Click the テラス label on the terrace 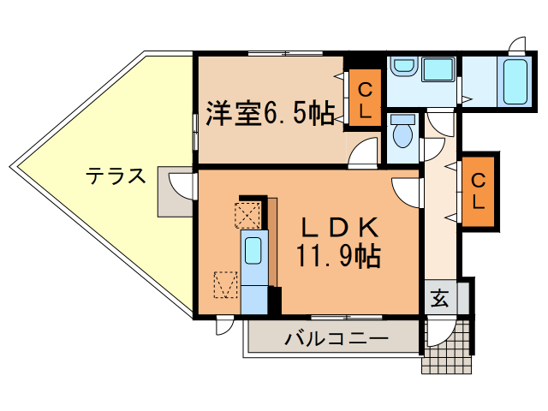pyautogui.click(x=115, y=176)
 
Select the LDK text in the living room pyautogui.click(x=338, y=228)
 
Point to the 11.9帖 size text pyautogui.click(x=338, y=254)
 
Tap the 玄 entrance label pyautogui.click(x=439, y=299)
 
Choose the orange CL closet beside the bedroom pyautogui.click(x=364, y=99)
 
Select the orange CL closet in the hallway pyautogui.click(x=479, y=192)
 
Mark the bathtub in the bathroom pyautogui.click(x=514, y=82)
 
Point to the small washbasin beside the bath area pyautogui.click(x=402, y=67)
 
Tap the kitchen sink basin pyautogui.click(x=253, y=251)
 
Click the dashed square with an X pyautogui.click(x=247, y=213)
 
